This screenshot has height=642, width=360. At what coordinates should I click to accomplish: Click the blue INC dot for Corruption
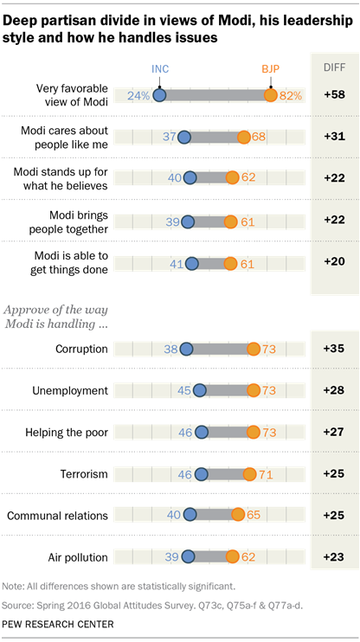[x=183, y=349]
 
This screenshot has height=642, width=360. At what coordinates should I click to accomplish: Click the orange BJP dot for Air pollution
[x=233, y=556]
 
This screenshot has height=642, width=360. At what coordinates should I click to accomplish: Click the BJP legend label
[x=272, y=69]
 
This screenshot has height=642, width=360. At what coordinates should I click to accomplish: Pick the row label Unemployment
[x=70, y=391]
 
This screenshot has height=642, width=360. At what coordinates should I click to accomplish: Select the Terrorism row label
[x=83, y=473]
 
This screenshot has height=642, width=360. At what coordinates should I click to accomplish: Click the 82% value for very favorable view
[x=289, y=95]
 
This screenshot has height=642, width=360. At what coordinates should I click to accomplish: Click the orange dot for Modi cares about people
[x=244, y=137]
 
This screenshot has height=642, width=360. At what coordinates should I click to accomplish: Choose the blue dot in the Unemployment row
[x=200, y=390]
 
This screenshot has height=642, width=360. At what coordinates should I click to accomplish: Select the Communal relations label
[x=57, y=515]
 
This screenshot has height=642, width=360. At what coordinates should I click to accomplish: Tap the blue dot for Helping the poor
[x=202, y=432]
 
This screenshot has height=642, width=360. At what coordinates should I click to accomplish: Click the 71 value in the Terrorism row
[x=266, y=473]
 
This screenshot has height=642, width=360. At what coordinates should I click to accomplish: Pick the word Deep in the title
[x=25, y=15]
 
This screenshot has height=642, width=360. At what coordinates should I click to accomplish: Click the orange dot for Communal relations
[x=237, y=515]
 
